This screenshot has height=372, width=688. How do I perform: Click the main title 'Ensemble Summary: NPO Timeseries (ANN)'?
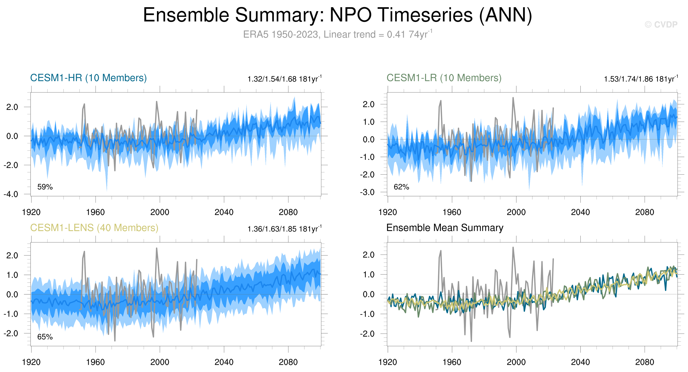pos(337,15)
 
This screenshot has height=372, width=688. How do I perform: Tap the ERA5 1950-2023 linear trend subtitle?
pos(337,34)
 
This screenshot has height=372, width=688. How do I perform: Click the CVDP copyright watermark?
pos(661,24)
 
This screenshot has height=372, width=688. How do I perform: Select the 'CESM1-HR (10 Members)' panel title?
pos(89,78)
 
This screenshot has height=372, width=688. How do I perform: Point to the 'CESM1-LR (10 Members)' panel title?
pos(444,78)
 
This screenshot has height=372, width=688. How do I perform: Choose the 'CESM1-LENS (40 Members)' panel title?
pos(94,228)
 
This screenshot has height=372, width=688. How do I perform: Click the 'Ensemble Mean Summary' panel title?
pos(445,228)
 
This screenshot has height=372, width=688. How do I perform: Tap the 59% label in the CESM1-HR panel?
pos(45,187)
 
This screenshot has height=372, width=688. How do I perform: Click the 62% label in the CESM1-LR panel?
pos(401,187)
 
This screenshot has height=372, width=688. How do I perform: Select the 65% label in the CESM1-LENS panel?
pos(45,337)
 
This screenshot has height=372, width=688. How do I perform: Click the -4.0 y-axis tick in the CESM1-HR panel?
pos(11,194)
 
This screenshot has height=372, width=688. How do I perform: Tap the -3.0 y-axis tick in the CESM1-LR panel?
pos(367,192)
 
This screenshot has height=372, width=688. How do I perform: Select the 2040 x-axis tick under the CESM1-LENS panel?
pos(224,362)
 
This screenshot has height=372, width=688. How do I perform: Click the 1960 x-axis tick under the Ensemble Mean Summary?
pos(452,362)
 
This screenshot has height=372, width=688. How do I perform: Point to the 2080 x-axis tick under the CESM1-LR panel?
pos(644,212)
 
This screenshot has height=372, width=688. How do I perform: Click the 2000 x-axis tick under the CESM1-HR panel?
pos(160,212)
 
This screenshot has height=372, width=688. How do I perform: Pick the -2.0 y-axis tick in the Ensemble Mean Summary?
pos(367,334)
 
